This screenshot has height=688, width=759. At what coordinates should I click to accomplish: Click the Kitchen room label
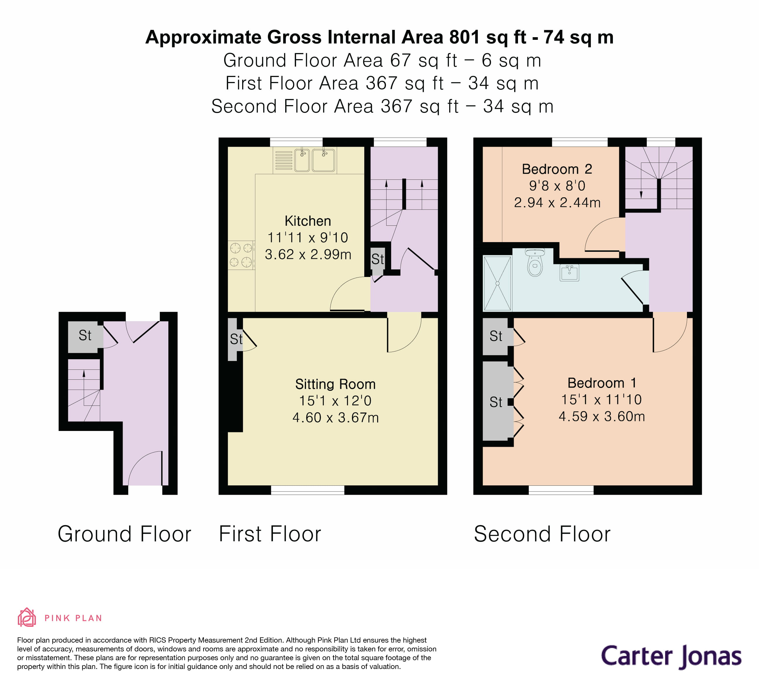tap(307, 221)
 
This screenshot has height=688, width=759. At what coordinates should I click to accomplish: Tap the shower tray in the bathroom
tap(497, 283)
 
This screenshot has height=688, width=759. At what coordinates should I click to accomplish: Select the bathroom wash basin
tap(569, 273)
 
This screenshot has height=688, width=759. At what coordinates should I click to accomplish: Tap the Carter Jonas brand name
tap(671, 656)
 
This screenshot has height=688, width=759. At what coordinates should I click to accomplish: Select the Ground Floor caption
tap(124, 534)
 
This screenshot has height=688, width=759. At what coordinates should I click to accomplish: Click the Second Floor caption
tap(542, 534)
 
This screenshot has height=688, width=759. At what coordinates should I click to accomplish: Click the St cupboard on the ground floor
tap(85, 335)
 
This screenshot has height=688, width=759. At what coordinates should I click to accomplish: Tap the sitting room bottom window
tap(307, 490)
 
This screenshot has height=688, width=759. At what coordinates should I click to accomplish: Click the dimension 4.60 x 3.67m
tap(335, 417)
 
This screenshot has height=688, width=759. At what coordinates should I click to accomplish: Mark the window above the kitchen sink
tap(296, 142)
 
